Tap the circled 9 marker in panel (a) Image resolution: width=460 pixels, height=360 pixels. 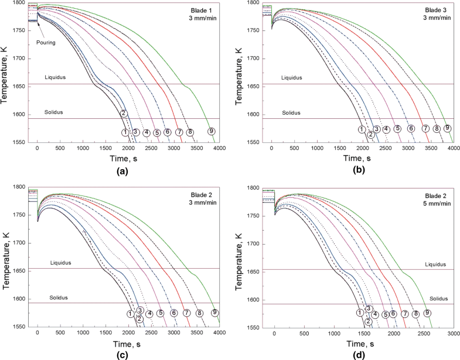pos(211,131)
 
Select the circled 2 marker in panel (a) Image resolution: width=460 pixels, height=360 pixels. pos(124,113)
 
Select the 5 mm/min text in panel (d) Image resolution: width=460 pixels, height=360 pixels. pos(437,203)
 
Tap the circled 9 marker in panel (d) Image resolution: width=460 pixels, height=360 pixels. pos(428,313)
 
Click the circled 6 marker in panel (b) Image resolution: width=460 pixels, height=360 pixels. pos(411,129)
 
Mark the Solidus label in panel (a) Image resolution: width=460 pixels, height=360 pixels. pos(53,112)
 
